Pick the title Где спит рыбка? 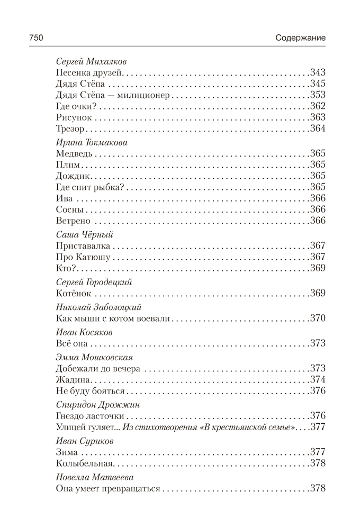[89, 187]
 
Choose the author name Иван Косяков [82, 332]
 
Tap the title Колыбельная [85, 463]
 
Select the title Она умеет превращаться [107, 489]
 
